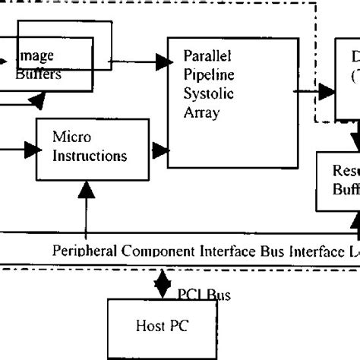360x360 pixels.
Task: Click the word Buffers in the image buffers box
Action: (39, 75)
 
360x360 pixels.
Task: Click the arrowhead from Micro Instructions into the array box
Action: (161, 147)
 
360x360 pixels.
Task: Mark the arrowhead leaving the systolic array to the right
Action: (327, 93)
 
